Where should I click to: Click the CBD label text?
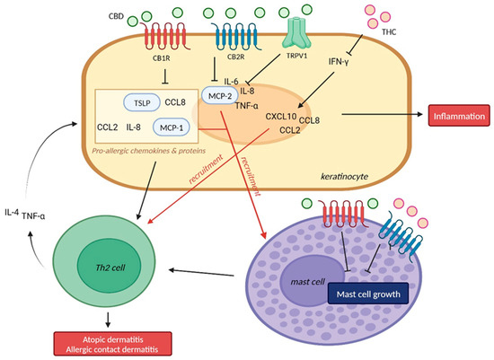116,14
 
